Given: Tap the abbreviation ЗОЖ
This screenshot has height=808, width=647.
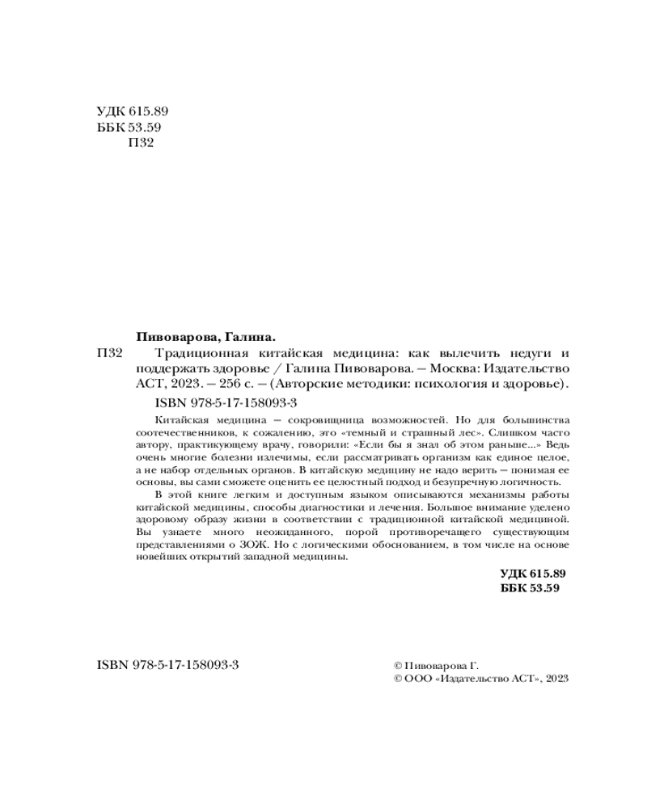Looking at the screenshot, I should (x=260, y=545).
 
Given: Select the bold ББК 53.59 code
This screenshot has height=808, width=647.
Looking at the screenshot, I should (x=531, y=588).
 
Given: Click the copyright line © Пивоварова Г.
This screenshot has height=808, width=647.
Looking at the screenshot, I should (x=436, y=665).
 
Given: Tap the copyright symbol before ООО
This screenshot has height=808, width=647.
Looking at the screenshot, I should (x=396, y=680).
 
